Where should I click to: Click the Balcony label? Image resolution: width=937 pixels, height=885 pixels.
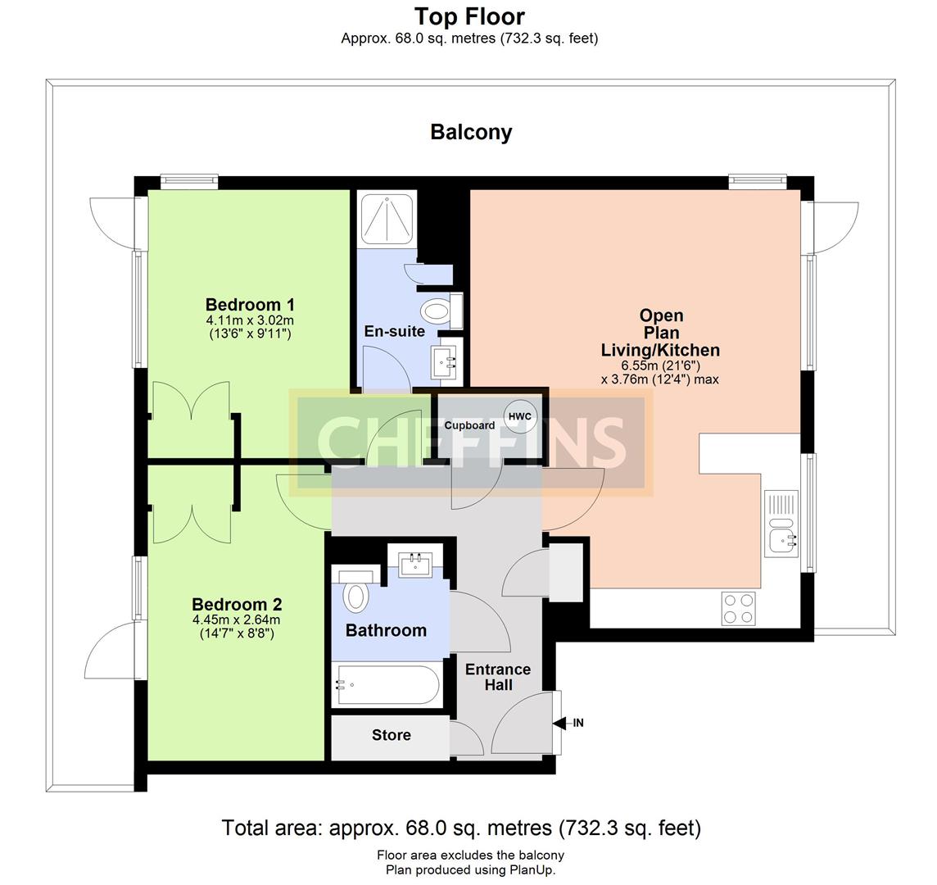click(x=471, y=132)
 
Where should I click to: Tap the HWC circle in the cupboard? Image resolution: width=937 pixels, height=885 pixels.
click(x=520, y=417)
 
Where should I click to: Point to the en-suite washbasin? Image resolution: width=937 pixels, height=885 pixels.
click(x=446, y=361)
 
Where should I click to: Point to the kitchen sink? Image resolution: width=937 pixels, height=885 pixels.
click(x=781, y=524)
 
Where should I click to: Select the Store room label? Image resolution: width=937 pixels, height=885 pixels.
click(x=392, y=735)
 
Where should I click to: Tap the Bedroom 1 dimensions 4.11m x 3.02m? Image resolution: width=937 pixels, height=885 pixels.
click(x=250, y=320)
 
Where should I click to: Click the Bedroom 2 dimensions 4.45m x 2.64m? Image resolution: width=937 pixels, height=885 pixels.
click(x=236, y=620)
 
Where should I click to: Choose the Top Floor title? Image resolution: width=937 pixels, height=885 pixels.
click(x=469, y=16)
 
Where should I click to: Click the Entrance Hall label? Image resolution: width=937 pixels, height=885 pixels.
click(x=498, y=677)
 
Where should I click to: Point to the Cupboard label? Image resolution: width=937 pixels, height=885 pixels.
click(x=469, y=425)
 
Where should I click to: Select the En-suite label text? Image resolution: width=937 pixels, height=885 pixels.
click(x=395, y=331)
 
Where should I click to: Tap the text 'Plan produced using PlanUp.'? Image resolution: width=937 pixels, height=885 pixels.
click(x=470, y=870)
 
